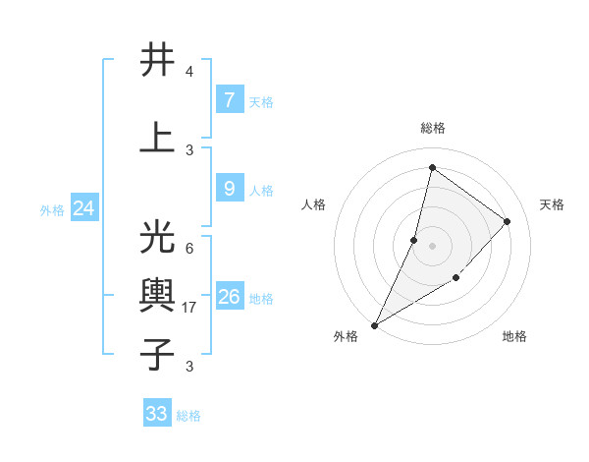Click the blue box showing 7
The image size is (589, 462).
point(229,100)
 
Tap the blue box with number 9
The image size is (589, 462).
point(229,189)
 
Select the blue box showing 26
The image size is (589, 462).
point(229,297)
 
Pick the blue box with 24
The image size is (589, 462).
point(83,208)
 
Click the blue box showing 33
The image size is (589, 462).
point(157,414)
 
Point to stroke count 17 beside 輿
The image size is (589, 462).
point(191,308)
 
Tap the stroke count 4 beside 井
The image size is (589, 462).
point(188,72)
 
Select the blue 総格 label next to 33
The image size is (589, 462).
point(188,416)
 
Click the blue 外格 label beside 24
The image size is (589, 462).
point(52,209)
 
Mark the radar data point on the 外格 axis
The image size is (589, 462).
point(374,325)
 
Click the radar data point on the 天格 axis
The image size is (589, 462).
point(508,221)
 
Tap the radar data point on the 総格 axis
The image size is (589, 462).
point(432,167)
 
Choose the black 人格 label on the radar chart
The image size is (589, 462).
point(314,204)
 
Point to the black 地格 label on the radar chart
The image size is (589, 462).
point(514,336)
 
